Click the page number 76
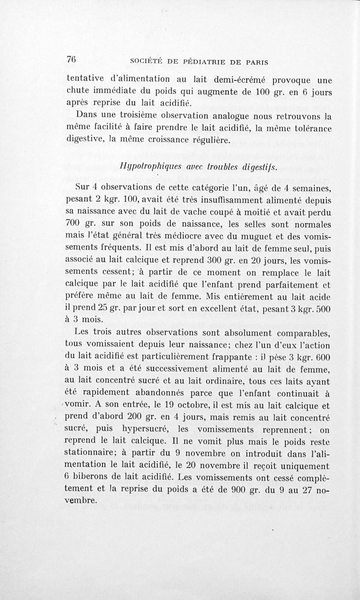pos(71,60)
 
